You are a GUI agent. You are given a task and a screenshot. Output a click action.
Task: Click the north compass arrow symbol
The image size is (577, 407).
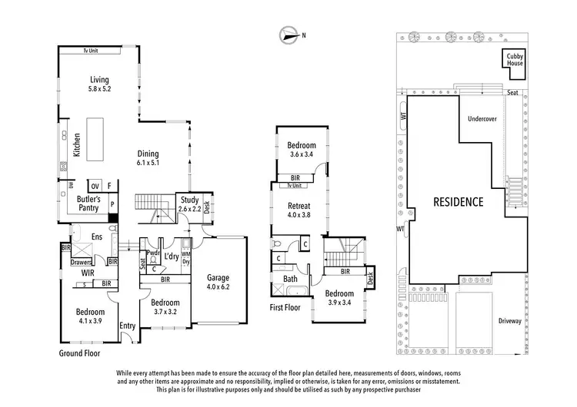point(289,35)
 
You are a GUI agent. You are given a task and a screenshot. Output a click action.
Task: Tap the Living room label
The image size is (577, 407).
point(99,84)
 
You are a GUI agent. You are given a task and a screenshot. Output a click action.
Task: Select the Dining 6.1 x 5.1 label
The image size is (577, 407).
point(148,157)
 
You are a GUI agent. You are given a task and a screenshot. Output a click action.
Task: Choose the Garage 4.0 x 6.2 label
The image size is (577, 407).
point(218,282)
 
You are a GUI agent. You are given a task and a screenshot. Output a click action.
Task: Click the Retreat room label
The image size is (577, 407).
point(299,210)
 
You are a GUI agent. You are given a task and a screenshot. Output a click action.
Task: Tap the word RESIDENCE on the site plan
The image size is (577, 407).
point(458,203)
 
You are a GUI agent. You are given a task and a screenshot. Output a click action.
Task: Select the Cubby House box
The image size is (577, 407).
point(515,59)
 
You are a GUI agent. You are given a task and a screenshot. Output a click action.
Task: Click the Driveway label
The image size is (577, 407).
point(509,321)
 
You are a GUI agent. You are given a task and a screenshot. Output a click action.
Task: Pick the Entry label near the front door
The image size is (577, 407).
point(127,326)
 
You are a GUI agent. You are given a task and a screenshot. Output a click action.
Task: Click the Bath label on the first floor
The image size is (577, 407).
point(290,279)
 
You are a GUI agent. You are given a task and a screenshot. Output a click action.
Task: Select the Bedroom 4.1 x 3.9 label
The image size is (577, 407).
point(91,316)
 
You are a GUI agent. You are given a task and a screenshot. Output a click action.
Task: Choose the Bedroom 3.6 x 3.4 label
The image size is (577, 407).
point(302,150)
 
